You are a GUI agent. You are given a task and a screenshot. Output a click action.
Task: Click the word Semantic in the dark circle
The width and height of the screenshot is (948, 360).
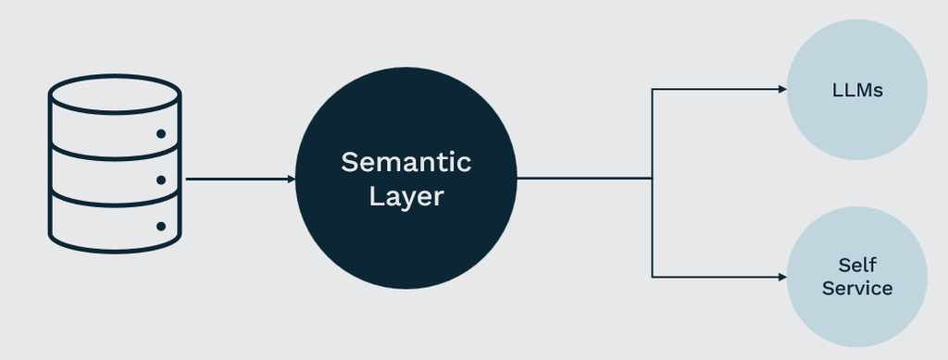(x=405, y=162)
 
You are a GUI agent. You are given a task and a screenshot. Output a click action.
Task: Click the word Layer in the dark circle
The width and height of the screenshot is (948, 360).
(x=406, y=197)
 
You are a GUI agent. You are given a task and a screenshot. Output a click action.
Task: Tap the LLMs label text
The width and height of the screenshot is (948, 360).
(x=857, y=91)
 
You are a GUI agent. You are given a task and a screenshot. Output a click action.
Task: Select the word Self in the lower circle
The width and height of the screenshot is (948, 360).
(x=857, y=265)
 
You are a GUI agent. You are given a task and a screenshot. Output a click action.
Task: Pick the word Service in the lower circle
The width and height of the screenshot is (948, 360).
(x=857, y=288)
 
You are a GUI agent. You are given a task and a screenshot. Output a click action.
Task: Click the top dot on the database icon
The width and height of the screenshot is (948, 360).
(x=161, y=133)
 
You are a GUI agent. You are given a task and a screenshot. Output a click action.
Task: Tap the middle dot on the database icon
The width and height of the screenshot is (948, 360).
(x=161, y=180)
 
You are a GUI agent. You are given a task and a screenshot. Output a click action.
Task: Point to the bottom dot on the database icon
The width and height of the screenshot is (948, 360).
(x=161, y=227)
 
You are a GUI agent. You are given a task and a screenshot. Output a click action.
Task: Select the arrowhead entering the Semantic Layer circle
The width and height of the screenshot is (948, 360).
(x=292, y=179)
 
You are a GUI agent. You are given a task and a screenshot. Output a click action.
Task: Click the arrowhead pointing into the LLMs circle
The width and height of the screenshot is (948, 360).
(x=782, y=90)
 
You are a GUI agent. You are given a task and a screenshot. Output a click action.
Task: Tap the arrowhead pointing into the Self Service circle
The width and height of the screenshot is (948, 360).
(x=782, y=278)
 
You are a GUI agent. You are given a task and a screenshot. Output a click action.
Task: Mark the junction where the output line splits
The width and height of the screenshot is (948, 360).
(x=652, y=179)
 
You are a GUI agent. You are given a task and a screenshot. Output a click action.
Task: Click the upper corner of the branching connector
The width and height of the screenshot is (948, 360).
(x=652, y=90)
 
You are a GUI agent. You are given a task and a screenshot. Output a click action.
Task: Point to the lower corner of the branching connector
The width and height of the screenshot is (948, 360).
(x=652, y=278)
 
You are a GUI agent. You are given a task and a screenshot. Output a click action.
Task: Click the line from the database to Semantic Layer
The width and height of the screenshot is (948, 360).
(x=241, y=179)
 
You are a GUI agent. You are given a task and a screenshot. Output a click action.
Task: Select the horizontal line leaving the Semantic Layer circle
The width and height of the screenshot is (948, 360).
(x=584, y=179)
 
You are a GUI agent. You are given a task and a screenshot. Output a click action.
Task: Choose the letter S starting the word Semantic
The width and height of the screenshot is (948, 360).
(x=349, y=162)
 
